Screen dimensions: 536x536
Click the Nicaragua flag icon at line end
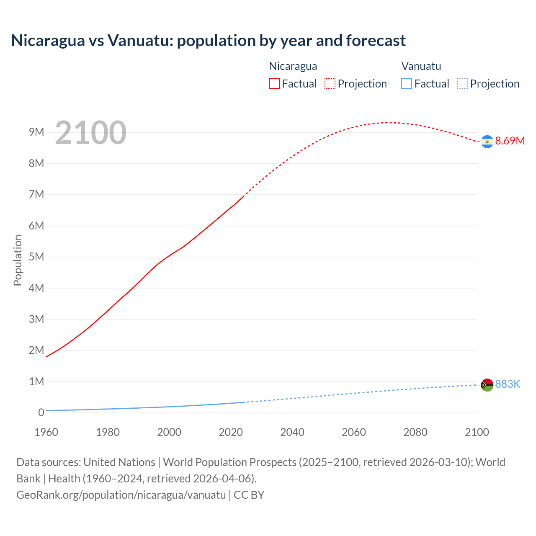[x=487, y=142]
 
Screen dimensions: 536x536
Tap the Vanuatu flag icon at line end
[x=487, y=385]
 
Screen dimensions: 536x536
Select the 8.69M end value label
[x=510, y=141]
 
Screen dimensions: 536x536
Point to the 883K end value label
[x=508, y=384]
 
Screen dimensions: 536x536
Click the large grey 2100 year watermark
[x=90, y=133]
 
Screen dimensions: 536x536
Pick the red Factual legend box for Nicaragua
[x=274, y=84]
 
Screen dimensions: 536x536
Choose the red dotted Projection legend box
[x=330, y=84]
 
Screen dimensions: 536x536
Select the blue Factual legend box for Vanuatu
[x=406, y=84]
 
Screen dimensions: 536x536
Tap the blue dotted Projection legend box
[x=462, y=84]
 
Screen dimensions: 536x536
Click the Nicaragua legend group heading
[x=293, y=66]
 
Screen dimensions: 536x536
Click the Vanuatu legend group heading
[x=421, y=66]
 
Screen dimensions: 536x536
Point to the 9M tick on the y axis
[x=36, y=132]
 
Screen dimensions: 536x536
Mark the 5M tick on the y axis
[x=36, y=257]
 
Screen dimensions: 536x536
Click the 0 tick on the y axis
[x=41, y=412]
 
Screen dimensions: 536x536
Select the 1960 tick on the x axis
[x=46, y=432]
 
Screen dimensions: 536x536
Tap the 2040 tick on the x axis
[x=292, y=432]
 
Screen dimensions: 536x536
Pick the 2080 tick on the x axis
[x=415, y=432]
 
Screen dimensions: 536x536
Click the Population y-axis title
[x=18, y=260]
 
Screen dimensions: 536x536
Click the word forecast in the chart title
[x=376, y=41]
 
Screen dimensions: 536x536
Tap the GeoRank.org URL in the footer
[x=121, y=495]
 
